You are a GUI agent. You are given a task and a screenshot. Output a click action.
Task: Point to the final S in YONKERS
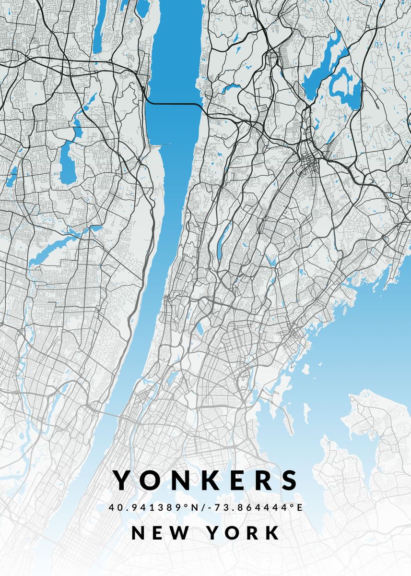289,480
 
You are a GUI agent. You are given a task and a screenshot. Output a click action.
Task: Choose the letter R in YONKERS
262,480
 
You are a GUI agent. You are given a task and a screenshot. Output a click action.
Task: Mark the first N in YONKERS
178,480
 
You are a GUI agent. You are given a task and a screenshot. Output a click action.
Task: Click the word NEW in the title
159,533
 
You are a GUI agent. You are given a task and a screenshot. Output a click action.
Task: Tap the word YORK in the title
244,533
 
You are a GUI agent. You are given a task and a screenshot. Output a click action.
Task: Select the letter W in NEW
180,533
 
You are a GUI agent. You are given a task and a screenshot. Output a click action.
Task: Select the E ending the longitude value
299,507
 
